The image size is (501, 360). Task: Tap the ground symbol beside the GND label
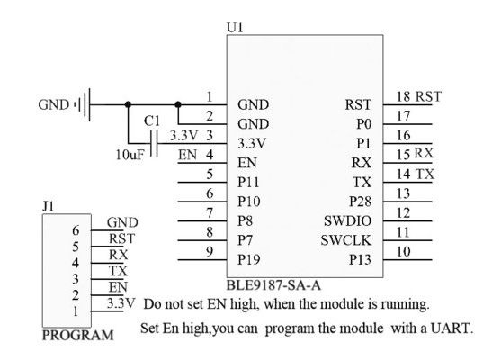82,105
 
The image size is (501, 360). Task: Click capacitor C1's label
152,121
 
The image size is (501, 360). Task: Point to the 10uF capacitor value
128,155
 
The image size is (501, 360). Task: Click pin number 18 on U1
402,96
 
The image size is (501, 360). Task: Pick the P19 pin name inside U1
249,260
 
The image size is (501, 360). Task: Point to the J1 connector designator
49,206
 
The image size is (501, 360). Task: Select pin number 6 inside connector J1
76,230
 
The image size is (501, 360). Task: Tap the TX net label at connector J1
118,270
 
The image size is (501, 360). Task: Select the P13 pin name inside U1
359,260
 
